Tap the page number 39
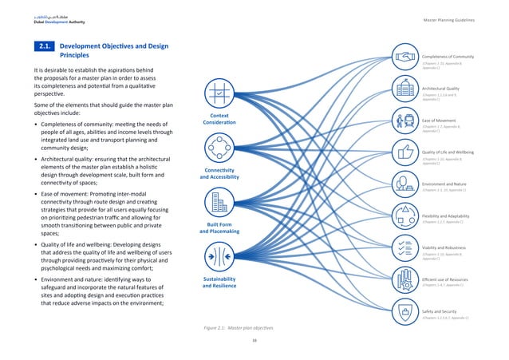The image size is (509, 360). [x=254, y=341]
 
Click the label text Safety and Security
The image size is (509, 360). [x=439, y=311]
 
